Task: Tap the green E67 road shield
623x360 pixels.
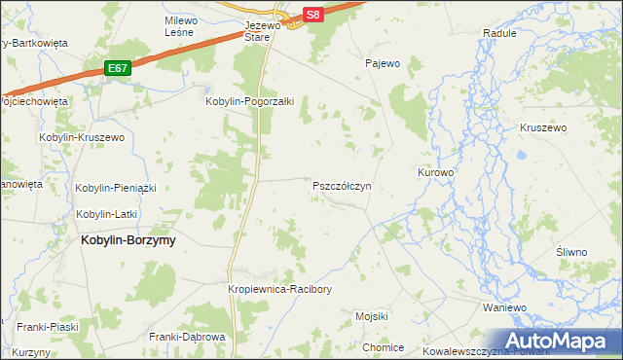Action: [x=118, y=68]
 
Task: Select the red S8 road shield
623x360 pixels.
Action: [x=311, y=15]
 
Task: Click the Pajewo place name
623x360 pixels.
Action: [x=383, y=64]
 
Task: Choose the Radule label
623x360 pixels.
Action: [x=499, y=32]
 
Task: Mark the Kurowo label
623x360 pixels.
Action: [x=436, y=172]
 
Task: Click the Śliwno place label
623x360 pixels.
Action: [x=571, y=252]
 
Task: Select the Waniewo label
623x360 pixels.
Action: [x=504, y=306]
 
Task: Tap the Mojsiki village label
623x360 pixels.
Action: [x=372, y=316]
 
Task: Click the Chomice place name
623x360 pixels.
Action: [x=383, y=347]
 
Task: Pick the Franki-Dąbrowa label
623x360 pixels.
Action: [x=188, y=337]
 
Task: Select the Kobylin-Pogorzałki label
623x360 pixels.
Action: [x=249, y=100]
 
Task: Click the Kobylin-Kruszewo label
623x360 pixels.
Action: [x=83, y=138]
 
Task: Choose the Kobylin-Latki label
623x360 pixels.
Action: [x=109, y=214]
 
